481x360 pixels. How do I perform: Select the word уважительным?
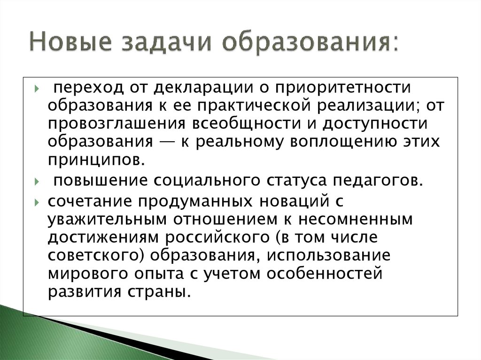point(107,219)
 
